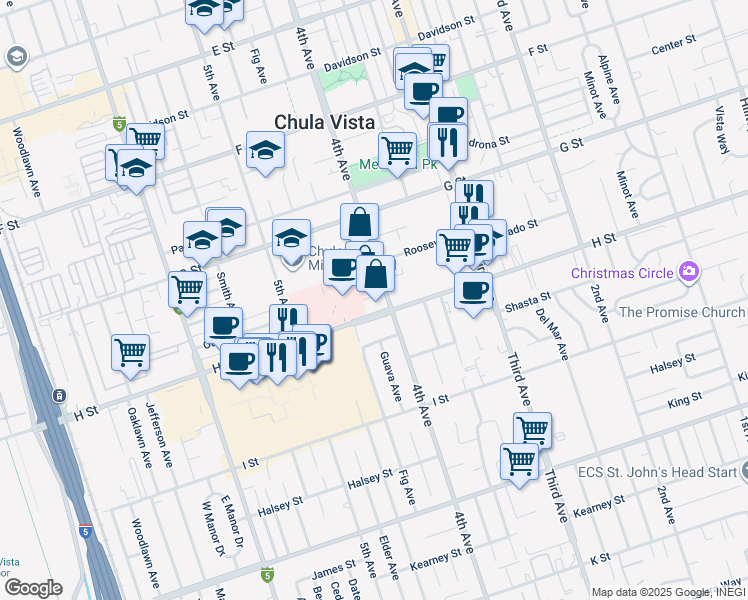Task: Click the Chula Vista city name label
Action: click(x=325, y=122)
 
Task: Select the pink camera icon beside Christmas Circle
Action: click(x=688, y=272)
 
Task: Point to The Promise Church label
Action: click(x=682, y=312)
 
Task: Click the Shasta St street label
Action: click(x=528, y=301)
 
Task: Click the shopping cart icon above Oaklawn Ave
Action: click(x=131, y=353)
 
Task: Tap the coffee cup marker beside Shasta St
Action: click(x=473, y=291)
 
